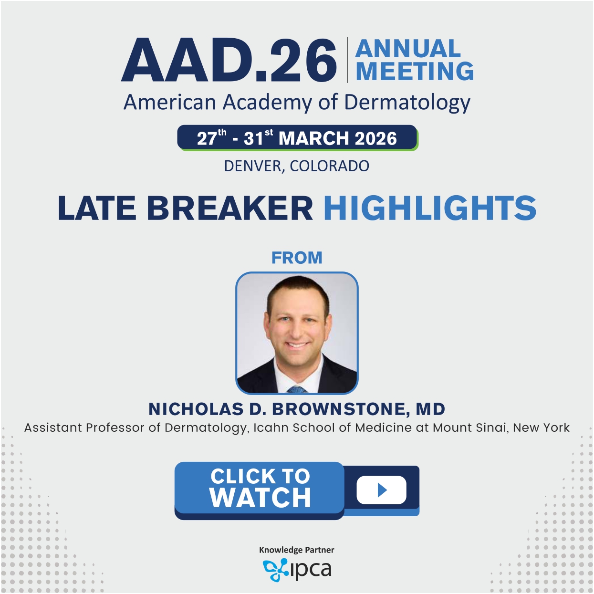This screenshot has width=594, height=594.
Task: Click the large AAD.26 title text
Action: pyautogui.click(x=229, y=60)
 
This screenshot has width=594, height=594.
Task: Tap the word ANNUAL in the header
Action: pyautogui.click(x=408, y=48)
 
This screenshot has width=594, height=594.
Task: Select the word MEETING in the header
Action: pyautogui.click(x=415, y=71)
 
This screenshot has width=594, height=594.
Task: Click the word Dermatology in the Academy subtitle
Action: pyautogui.click(x=407, y=103)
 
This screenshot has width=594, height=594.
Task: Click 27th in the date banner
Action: pyautogui.click(x=212, y=137)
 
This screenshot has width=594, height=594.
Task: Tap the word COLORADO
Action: pyautogui.click(x=330, y=166)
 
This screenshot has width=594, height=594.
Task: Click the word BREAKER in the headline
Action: pyautogui.click(x=230, y=208)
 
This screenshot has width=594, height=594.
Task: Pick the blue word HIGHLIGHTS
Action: pyautogui.click(x=430, y=208)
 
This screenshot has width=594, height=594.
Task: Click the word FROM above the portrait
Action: pyautogui.click(x=297, y=258)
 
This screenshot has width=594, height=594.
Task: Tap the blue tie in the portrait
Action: pyautogui.click(x=297, y=390)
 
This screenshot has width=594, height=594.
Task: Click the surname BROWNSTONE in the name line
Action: pyautogui.click(x=341, y=409)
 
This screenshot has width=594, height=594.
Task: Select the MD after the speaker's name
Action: pyautogui.click(x=430, y=409)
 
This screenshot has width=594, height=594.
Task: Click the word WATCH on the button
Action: pyautogui.click(x=261, y=497)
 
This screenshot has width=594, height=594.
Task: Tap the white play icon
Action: pyautogui.click(x=382, y=490)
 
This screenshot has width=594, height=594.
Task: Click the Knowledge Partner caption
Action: pyautogui.click(x=297, y=550)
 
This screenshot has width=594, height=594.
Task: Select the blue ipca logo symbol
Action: pyautogui.click(x=275, y=570)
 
